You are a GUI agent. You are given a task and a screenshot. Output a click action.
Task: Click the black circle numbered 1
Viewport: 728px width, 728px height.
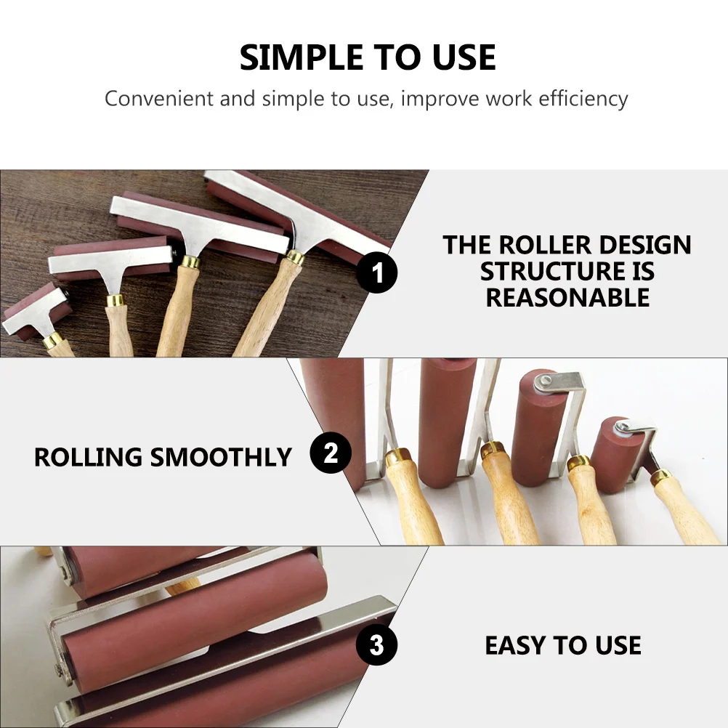pos(378,274)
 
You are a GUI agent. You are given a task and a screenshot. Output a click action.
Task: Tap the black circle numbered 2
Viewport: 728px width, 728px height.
pos(331,454)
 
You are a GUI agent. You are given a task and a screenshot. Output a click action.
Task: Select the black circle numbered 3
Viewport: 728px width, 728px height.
pos(376,644)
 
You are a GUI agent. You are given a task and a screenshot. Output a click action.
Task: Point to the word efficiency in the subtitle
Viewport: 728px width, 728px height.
pos(583,98)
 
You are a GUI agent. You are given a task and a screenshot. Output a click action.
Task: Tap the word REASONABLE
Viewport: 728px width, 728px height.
pos(567,297)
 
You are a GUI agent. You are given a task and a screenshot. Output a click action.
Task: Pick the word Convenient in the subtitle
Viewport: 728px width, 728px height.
pos(159,98)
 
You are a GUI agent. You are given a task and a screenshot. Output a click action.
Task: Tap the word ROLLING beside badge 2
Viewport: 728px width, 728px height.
pos(88,457)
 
